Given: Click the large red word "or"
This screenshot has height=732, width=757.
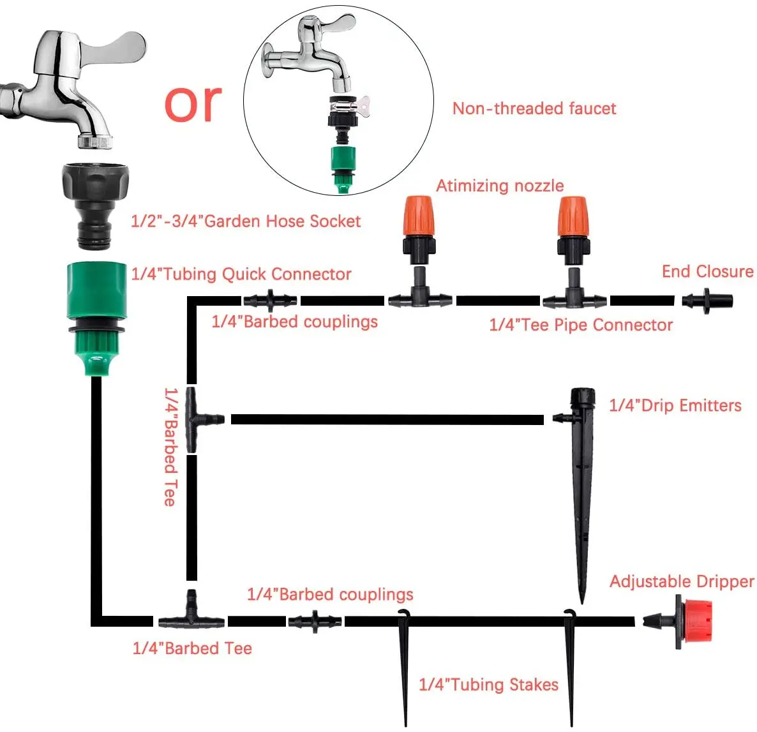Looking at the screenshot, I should point(193,103).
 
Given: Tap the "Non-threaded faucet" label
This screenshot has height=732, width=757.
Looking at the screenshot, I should point(534,108).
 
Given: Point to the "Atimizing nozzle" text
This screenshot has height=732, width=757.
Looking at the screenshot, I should point(500,186).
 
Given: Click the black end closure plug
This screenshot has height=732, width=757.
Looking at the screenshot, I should point(707,301).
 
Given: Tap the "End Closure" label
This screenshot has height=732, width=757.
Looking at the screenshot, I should point(707,271).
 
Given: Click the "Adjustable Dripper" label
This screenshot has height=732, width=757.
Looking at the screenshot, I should point(682,581).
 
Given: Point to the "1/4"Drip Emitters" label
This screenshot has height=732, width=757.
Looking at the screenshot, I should point(675,405).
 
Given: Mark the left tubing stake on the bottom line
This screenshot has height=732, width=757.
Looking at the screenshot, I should point(404,664).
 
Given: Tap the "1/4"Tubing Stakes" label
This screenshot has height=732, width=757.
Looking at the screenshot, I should point(488,685).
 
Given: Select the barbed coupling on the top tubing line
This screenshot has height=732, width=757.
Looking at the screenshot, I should point(270,299).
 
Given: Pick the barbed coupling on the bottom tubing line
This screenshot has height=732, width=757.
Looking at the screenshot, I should point(315,621).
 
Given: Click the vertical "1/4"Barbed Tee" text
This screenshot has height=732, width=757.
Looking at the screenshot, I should point(170,447).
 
